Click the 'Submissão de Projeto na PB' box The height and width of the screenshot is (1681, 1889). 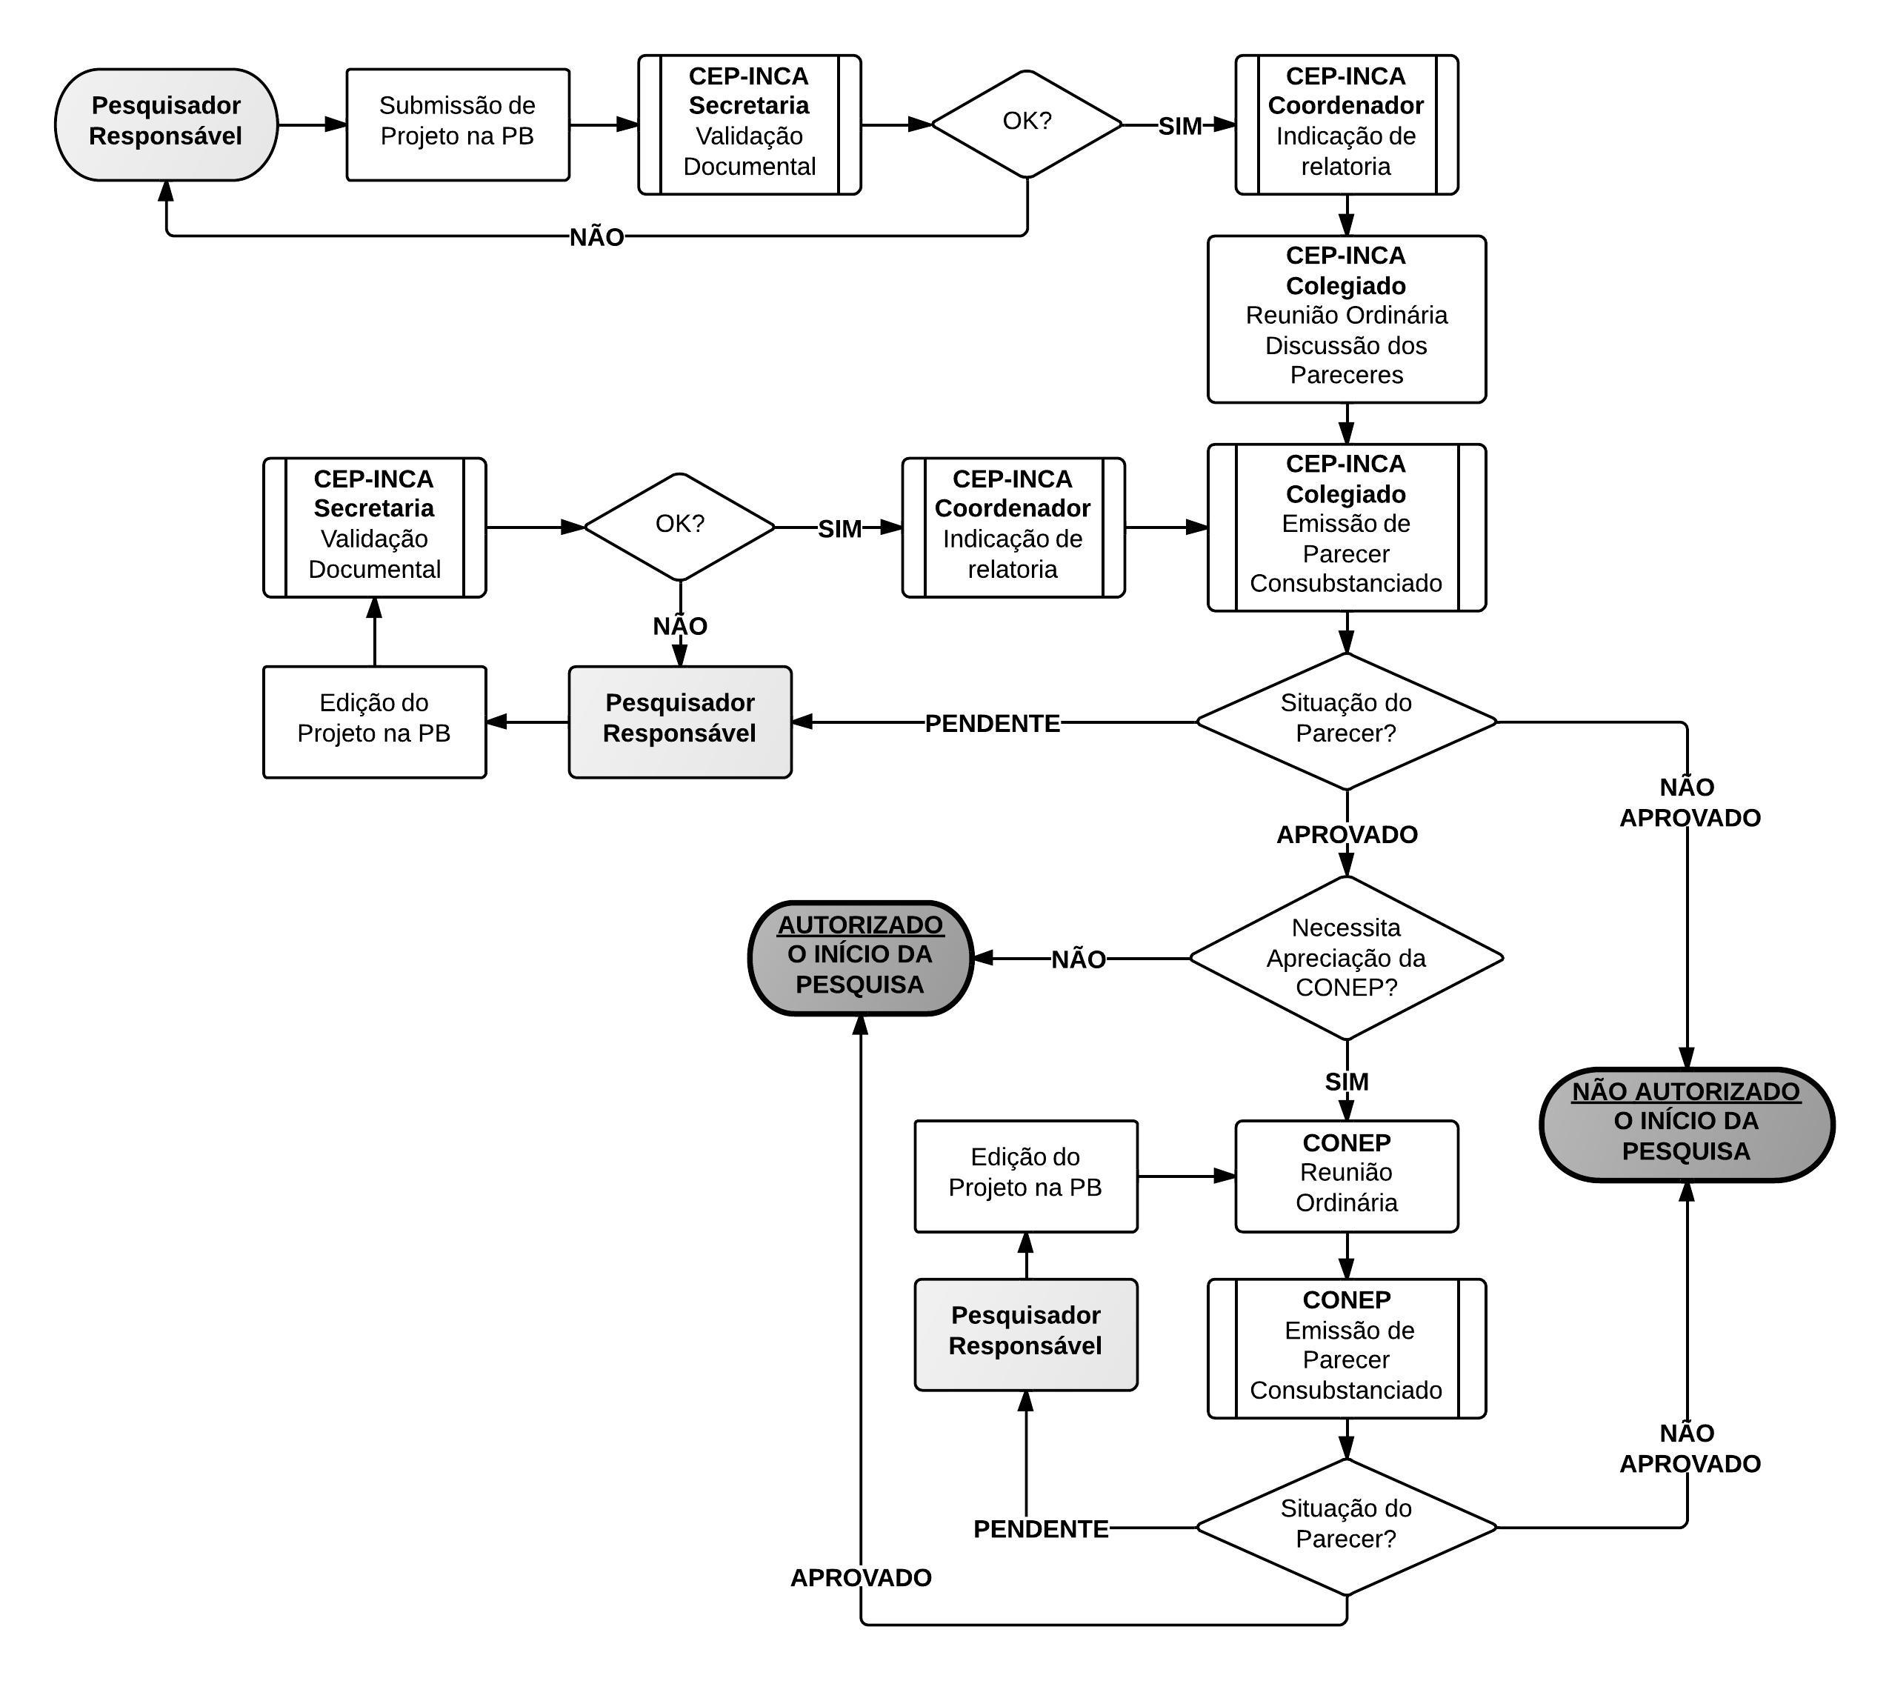pyautogui.click(x=458, y=124)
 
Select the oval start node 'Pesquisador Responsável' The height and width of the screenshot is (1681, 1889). pyautogui.click(x=167, y=124)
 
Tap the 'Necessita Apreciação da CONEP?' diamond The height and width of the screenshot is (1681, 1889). pyautogui.click(x=1345, y=959)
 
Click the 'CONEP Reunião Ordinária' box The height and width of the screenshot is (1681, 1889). pyautogui.click(x=1345, y=1176)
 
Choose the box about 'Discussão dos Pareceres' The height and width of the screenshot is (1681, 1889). pyautogui.click(x=1345, y=319)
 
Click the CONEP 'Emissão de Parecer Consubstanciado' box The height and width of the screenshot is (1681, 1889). pyautogui.click(x=1345, y=1348)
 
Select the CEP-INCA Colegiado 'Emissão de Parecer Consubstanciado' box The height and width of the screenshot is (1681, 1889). pyautogui.click(x=1345, y=527)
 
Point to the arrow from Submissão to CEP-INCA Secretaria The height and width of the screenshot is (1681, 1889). pyautogui.click(x=604, y=124)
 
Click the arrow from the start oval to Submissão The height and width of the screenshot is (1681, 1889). pyautogui.click(x=311, y=124)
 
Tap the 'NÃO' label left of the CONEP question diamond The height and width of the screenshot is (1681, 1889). pyautogui.click(x=1079, y=960)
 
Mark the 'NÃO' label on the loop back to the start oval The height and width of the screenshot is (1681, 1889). pyautogui.click(x=596, y=238)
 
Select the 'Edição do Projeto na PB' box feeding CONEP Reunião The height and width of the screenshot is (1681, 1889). pyautogui.click(x=1026, y=1176)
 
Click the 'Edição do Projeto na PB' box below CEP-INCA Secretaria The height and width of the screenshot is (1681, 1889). pyautogui.click(x=374, y=721)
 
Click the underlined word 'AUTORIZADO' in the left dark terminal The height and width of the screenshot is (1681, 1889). pyautogui.click(x=860, y=925)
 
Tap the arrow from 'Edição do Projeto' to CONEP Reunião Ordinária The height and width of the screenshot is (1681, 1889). pyautogui.click(x=1187, y=1176)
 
